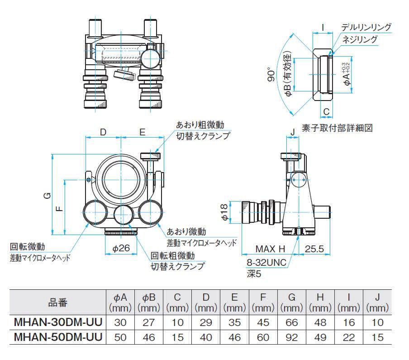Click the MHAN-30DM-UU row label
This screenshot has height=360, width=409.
pos(57,323)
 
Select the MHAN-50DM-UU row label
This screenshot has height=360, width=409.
pos(57,337)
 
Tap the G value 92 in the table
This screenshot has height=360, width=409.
pos(292,337)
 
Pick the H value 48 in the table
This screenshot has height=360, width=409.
pos(320,323)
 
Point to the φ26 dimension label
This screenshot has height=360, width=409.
pos(121,248)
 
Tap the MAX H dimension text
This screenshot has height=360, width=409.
pos(270,249)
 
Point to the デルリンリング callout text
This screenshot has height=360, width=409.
pos(366,27)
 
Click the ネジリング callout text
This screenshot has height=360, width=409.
pos(360,39)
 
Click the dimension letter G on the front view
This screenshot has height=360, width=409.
pos(46,196)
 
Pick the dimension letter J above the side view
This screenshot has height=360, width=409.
pos(293,132)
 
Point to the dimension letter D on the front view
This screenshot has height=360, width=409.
pos(103,132)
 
